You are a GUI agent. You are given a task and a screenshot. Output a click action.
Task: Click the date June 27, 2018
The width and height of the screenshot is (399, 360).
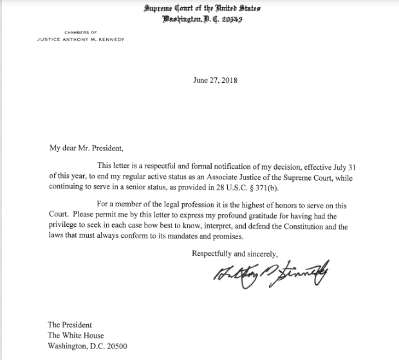[216, 81]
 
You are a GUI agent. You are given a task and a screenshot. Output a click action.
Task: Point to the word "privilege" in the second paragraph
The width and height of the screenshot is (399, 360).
[66, 227]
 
